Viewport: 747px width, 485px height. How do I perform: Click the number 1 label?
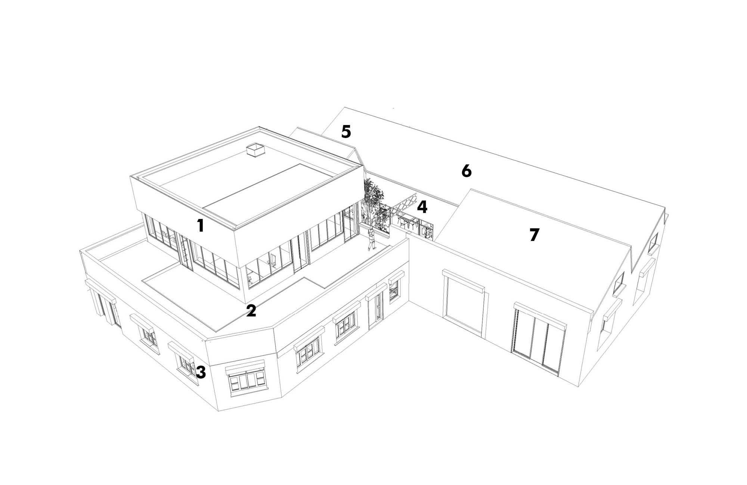[x=201, y=226]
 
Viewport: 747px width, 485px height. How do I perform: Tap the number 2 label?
[x=251, y=311]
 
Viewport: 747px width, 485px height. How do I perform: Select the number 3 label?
[x=201, y=372]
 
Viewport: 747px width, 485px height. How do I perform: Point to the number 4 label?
[x=422, y=207]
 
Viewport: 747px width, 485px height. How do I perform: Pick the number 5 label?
[x=346, y=131]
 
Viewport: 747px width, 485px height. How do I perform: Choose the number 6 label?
[x=467, y=171]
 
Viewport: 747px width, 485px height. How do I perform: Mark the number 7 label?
[x=534, y=235]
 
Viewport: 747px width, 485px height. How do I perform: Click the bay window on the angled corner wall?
[x=246, y=379]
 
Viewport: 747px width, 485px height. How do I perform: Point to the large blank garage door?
[x=463, y=302]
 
